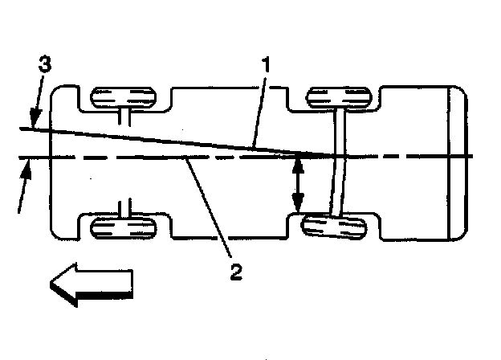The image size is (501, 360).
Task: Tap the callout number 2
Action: pyautogui.click(x=235, y=270)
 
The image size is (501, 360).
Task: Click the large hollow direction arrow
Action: pyautogui.click(x=90, y=284)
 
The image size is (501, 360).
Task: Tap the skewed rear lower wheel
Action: pyautogui.click(x=338, y=227)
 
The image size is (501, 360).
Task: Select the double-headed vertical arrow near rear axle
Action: pyautogui.click(x=298, y=185)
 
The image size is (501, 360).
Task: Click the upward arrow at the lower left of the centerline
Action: pyautogui.click(x=26, y=173)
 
